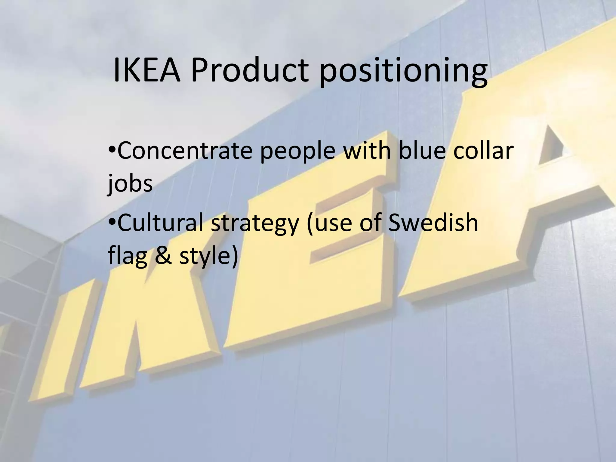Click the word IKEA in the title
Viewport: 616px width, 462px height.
coord(147,71)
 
